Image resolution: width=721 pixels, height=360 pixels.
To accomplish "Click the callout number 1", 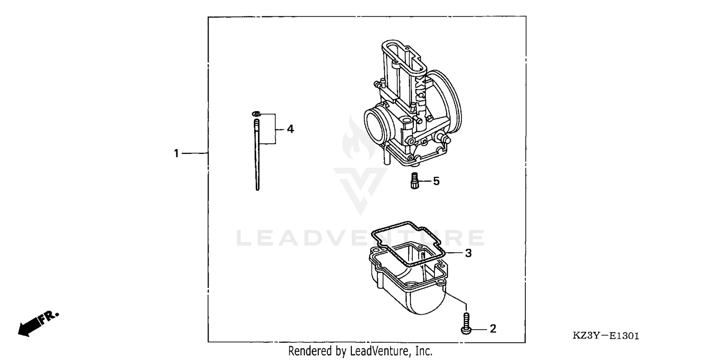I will pos(176,153).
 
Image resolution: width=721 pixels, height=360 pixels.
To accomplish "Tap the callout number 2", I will pos(492,329).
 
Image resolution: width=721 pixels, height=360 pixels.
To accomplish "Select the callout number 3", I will pos(468,253).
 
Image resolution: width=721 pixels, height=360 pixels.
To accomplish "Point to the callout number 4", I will pos(290,129).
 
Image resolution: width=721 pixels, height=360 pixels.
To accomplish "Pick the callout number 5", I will pos(436,181).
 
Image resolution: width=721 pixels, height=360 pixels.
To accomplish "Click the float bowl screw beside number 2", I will pos(466,323).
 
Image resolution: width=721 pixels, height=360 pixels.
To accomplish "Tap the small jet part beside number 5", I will pos(413,182).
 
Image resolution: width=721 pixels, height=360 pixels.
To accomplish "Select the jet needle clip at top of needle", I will pos(256,114).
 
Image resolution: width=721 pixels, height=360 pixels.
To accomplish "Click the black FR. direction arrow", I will pos(32,326).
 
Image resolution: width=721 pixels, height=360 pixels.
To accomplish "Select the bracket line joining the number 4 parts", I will pos(275,129).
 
